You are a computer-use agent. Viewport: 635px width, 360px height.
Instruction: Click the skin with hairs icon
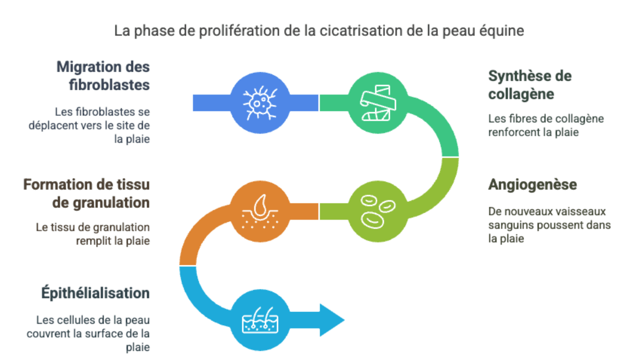pyautogui.click(x=260, y=321)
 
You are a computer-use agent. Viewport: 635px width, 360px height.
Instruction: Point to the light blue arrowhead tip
pyautogui.click(x=343, y=321)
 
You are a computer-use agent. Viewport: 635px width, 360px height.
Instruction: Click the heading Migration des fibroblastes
pyautogui.click(x=103, y=76)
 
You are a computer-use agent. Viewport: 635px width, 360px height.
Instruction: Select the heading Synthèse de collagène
pyautogui.click(x=530, y=85)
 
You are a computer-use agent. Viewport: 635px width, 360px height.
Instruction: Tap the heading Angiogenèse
pyautogui.click(x=532, y=185)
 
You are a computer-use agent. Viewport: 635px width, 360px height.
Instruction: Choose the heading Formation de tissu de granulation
pyautogui.click(x=86, y=193)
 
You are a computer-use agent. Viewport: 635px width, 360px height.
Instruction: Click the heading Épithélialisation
pyautogui.click(x=95, y=293)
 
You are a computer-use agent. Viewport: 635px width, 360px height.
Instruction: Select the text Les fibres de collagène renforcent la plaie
pyautogui.click(x=545, y=125)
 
